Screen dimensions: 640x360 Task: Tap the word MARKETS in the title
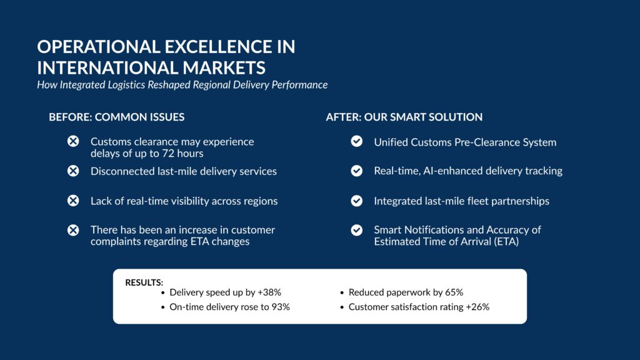click(x=224, y=67)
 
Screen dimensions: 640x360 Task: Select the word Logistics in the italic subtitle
click(x=126, y=85)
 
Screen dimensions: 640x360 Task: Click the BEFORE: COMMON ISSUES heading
click(x=117, y=117)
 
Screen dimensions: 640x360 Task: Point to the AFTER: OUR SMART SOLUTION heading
click(x=404, y=117)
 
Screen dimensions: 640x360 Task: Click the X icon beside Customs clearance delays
click(x=73, y=141)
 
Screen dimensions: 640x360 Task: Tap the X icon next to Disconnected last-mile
click(x=73, y=171)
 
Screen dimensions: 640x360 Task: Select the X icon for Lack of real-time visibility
click(x=73, y=201)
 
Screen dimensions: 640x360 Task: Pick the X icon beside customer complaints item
click(x=73, y=230)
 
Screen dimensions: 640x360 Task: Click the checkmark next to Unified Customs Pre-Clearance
click(x=357, y=141)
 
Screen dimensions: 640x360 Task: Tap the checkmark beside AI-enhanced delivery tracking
click(x=357, y=171)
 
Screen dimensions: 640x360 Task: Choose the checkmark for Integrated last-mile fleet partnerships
click(x=357, y=201)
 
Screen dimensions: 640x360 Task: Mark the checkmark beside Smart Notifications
click(x=357, y=230)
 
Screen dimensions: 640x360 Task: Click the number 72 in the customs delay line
click(x=168, y=154)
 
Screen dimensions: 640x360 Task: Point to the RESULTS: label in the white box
click(x=144, y=282)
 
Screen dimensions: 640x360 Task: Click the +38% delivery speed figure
click(x=269, y=292)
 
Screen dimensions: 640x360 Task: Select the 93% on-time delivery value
click(x=281, y=307)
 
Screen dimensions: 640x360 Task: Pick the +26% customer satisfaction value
click(x=477, y=307)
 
